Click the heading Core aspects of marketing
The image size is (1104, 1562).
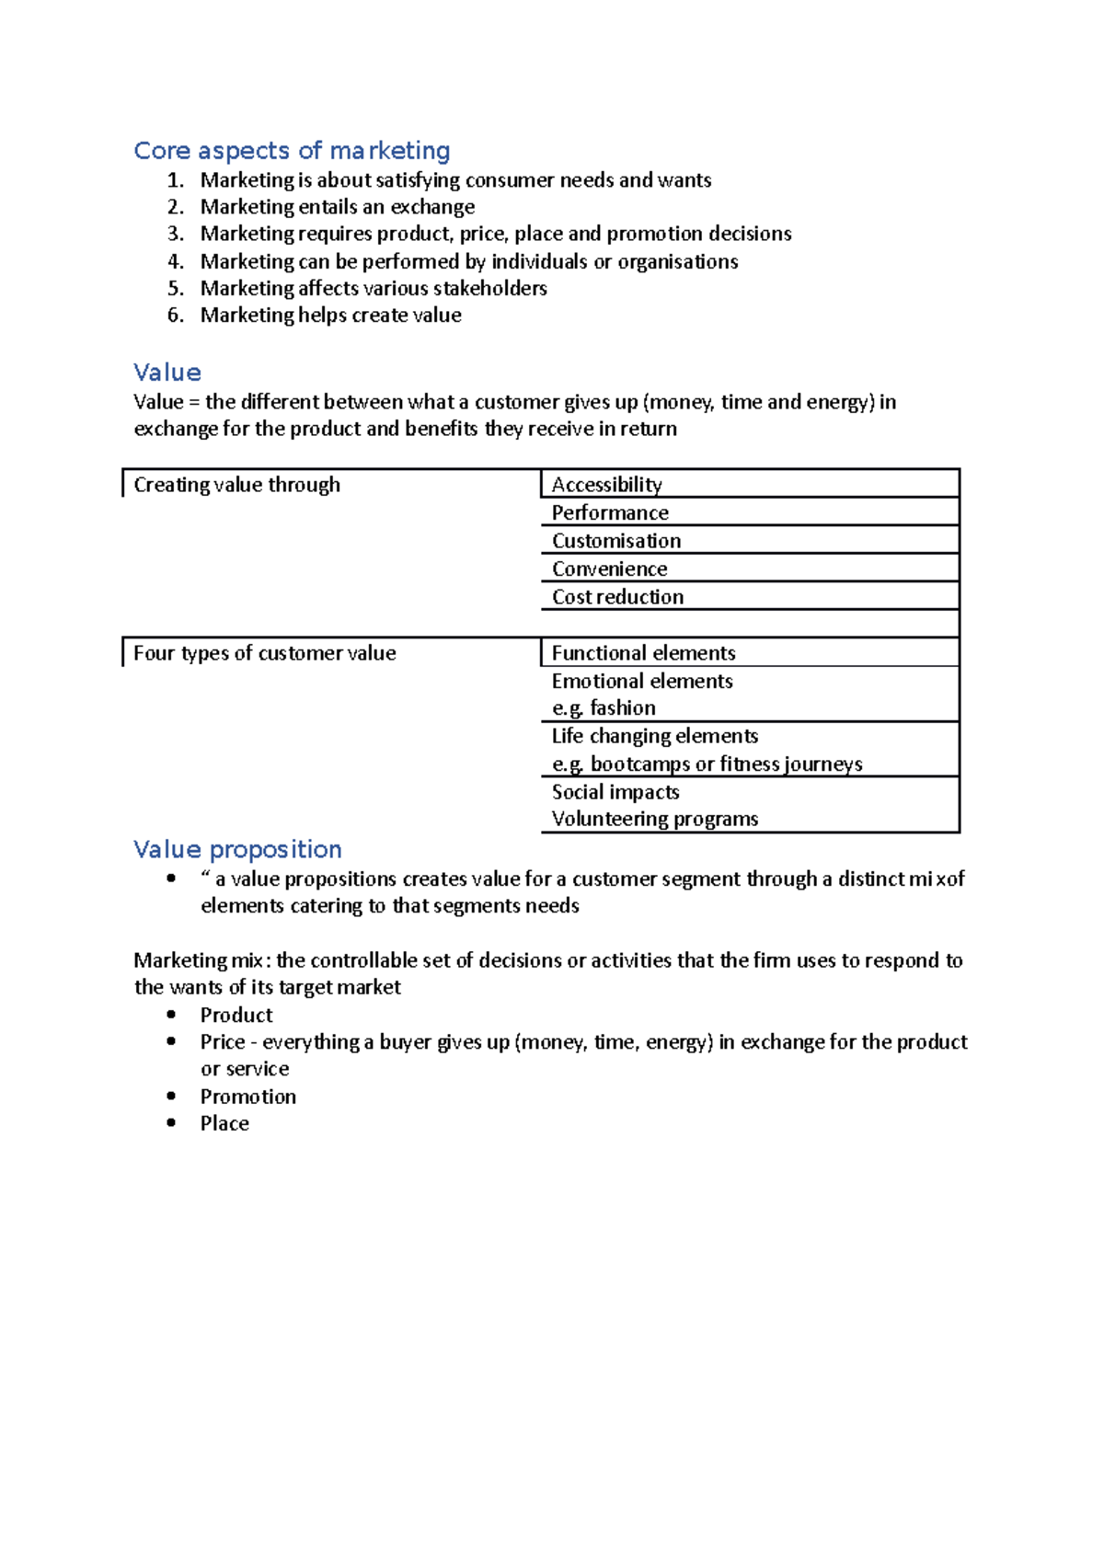click(292, 151)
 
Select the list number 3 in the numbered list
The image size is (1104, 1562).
click(175, 234)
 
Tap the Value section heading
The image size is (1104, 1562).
click(167, 373)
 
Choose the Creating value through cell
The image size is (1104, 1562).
click(236, 485)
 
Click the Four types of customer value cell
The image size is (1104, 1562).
click(264, 653)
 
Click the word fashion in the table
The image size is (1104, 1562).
click(623, 708)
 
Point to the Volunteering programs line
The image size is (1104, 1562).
click(654, 819)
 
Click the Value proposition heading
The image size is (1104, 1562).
click(237, 849)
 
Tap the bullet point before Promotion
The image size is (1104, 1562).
click(171, 1096)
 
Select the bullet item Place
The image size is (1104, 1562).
click(224, 1123)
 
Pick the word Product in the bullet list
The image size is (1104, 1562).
click(236, 1015)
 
